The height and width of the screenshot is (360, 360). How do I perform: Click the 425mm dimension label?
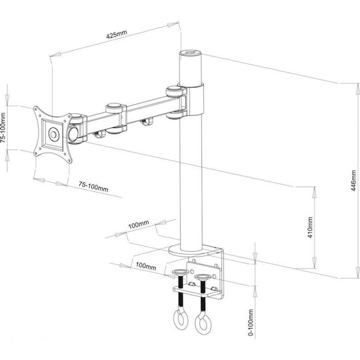coord(117,34)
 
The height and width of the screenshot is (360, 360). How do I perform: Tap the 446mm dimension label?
coord(354,181)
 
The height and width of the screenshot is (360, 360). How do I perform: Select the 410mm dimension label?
coord(310,227)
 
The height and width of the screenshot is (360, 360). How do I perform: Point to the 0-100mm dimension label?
coord(251,322)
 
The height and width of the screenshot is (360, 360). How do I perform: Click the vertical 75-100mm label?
coord(4,127)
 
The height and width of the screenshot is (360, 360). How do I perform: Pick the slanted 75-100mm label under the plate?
coord(93,187)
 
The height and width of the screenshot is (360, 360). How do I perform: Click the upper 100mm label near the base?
coord(139,224)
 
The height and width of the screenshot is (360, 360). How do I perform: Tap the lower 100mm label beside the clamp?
coord(146,266)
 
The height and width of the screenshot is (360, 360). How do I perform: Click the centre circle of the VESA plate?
coord(54,134)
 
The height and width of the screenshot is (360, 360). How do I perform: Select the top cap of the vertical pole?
coord(190,52)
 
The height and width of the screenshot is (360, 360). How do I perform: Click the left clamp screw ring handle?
coord(181,319)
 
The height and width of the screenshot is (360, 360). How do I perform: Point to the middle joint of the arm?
coord(116,119)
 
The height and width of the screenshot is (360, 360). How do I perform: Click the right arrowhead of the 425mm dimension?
coord(173,25)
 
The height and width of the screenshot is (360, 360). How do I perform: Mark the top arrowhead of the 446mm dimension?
coord(358,89)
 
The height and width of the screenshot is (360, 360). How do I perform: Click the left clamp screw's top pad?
coord(181,273)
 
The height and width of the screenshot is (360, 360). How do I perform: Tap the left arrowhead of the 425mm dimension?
coord(55,55)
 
